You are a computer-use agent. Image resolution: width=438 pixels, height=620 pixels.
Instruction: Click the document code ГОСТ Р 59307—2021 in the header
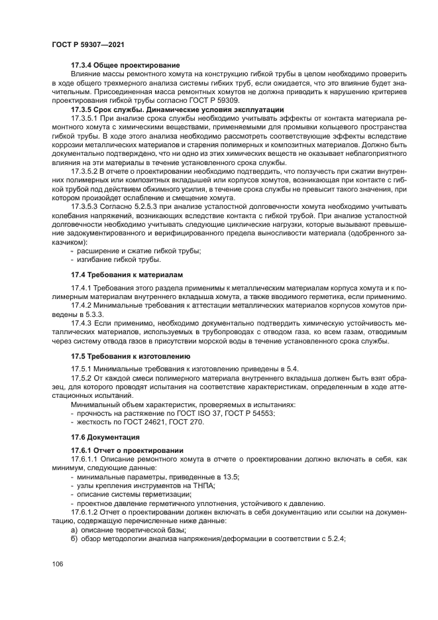point(87,43)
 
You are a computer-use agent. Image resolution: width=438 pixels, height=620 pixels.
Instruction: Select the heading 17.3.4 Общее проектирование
point(125,65)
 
